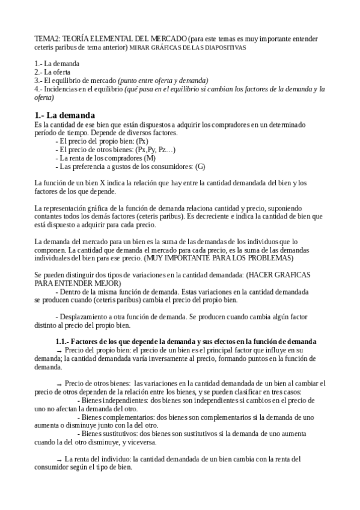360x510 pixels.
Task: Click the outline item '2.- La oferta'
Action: click(x=53, y=72)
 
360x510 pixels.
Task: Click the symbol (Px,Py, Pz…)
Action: click(x=156, y=149)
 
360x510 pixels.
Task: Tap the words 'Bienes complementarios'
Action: click(x=119, y=416)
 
